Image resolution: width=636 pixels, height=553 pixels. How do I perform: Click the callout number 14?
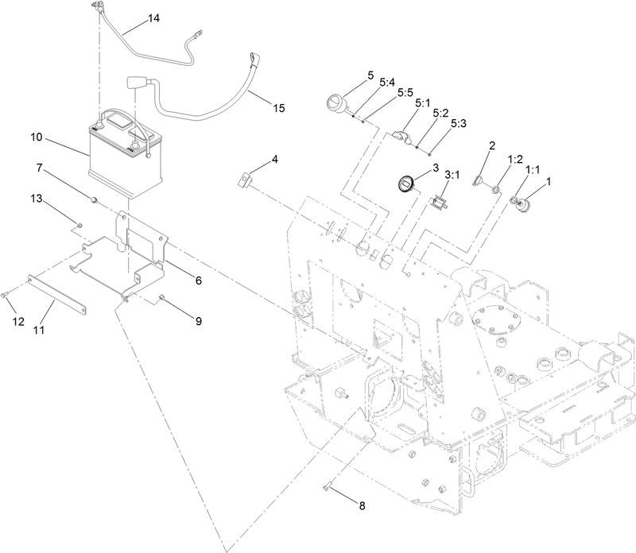click(x=153, y=18)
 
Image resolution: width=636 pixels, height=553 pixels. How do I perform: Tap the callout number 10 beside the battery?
click(x=37, y=137)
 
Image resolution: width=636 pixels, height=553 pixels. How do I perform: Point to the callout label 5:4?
click(x=387, y=82)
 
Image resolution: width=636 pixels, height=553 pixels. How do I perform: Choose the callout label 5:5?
click(x=405, y=92)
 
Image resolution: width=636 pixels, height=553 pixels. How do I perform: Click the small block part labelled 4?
click(x=246, y=180)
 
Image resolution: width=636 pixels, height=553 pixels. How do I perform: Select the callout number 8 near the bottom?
click(x=363, y=505)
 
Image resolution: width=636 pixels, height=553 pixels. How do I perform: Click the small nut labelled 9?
click(x=161, y=298)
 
